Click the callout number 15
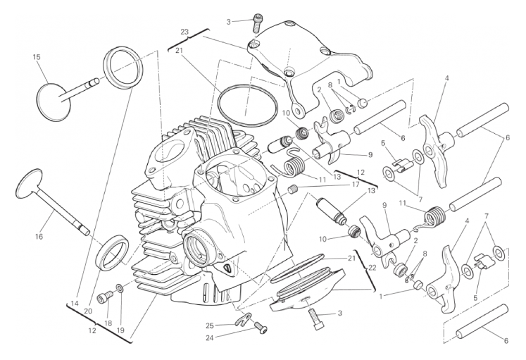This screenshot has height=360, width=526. click(37, 56)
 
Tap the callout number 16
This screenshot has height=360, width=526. click(39, 237)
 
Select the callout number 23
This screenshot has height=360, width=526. click(184, 32)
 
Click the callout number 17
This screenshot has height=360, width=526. click(357, 185)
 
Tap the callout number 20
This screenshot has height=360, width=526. click(88, 311)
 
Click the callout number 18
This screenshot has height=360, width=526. click(108, 323)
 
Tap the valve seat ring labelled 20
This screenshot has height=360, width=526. click(112, 254)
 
